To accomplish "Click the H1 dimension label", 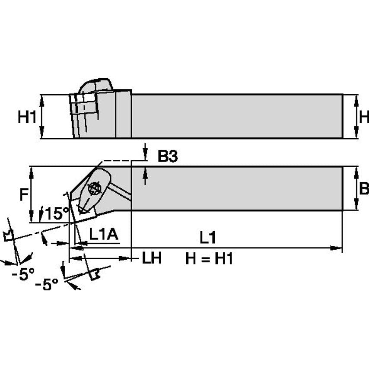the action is pos(27,117).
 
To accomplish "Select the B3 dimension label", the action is pos(168,156).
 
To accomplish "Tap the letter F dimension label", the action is pos(24,194).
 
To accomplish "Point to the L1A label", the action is pos(104,234).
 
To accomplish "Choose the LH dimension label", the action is pos(152,258).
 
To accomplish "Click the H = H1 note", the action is pos(209,258).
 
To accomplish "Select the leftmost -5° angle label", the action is pos(23,274).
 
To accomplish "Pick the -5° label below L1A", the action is pos(47,284).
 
